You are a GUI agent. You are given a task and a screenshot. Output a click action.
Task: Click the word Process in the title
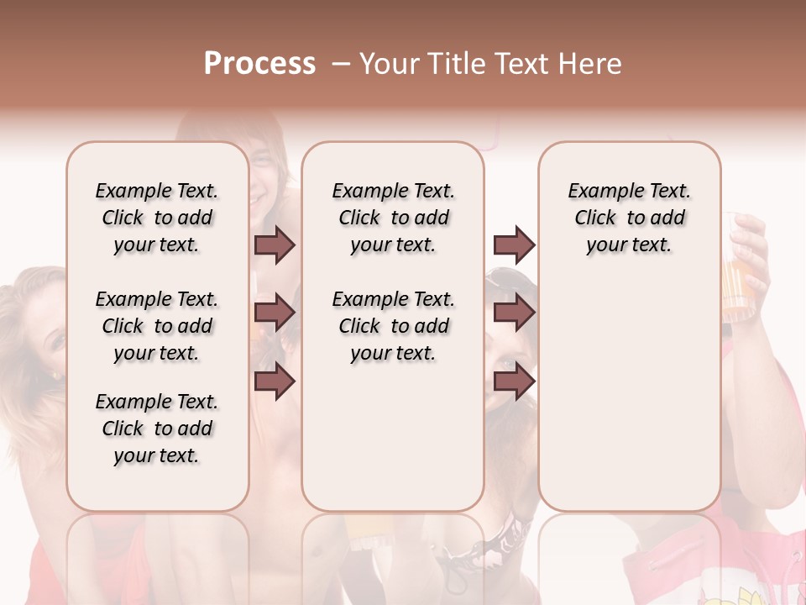259,64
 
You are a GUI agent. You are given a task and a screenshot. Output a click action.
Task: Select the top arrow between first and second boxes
275,245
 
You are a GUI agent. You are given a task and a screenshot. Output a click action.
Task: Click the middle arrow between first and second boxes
275,313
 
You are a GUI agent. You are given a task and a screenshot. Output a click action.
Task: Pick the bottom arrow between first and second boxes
275,381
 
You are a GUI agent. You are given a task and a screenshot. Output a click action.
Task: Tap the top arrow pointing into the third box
514,245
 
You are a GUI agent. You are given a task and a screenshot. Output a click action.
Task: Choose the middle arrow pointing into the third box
514,313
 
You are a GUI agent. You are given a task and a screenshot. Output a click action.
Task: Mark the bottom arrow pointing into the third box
514,381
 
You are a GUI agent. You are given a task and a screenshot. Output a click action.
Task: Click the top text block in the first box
157,218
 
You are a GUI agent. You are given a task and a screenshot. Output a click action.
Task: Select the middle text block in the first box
157,326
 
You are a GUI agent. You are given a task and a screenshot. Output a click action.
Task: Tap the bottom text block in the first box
157,429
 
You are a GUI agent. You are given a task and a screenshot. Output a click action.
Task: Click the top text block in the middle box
394,218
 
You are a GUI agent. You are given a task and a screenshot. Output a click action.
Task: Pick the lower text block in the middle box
394,326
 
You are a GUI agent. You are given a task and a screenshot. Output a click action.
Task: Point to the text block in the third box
630,218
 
